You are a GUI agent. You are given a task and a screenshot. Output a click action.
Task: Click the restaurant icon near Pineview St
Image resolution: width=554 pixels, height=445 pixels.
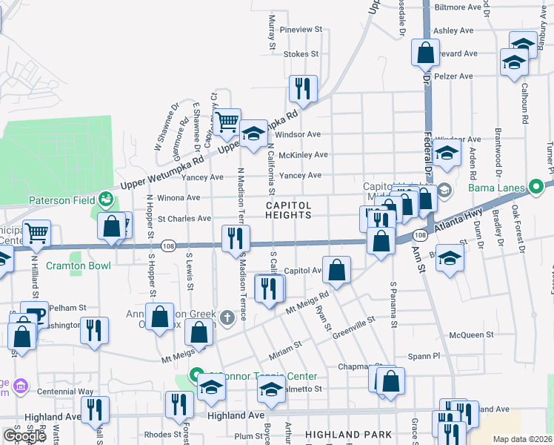coord(303,89)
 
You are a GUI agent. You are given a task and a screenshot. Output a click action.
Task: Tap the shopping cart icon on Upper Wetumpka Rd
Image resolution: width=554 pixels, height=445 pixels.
coord(227,122)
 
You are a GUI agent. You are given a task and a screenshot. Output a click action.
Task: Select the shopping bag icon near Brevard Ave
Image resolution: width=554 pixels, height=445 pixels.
coord(425,53)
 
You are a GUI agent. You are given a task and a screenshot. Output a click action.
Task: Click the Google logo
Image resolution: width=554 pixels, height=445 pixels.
coord(24,436)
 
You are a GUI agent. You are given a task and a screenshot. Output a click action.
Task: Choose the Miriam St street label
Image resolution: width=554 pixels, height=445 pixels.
coord(285,346)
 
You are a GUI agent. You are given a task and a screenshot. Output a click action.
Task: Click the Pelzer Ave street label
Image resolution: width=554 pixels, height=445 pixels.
coord(454,76)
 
